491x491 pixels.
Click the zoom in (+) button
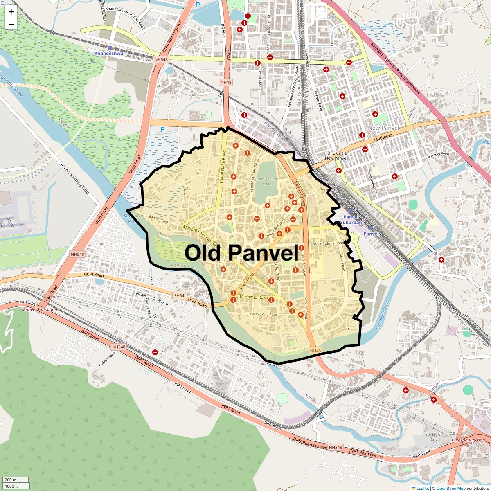pyautogui.click(x=11, y=12)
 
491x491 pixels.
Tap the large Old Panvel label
pyautogui.click(x=241, y=253)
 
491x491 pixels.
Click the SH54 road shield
pyautogui.click(x=179, y=295)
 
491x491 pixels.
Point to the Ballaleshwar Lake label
pyautogui.click(x=264, y=182)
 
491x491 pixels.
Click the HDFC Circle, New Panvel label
pyautogui.click(x=336, y=155)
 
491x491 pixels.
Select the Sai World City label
pyautogui.click(x=434, y=437)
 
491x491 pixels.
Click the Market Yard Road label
pyautogui.click(x=264, y=315)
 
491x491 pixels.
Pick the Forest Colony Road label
pyautogui.click(x=327, y=243)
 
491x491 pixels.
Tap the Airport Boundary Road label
pyautogui.click(x=75, y=179)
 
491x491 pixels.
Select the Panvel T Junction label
pyautogui.click(x=40, y=310)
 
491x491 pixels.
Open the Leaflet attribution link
pyautogui.click(x=423, y=488)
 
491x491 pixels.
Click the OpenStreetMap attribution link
pyautogui.click(x=450, y=488)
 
